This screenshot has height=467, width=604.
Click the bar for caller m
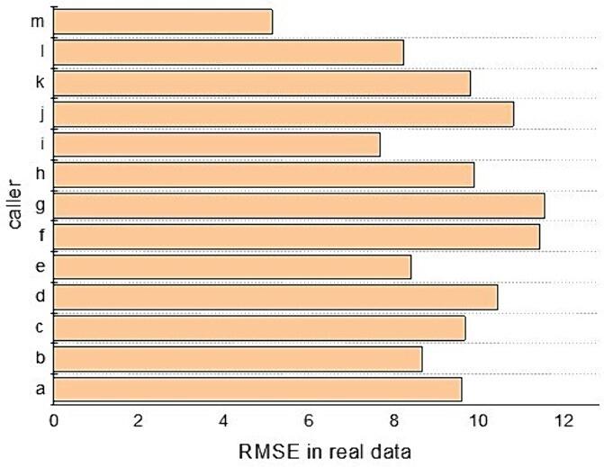(x=163, y=22)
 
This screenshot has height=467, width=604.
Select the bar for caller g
(x=299, y=206)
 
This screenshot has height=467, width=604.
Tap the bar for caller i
(x=217, y=144)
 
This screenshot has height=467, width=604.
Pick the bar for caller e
(x=232, y=267)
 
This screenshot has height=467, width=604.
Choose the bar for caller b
(x=238, y=359)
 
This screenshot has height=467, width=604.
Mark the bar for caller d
(x=275, y=297)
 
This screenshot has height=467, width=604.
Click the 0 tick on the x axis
(x=54, y=420)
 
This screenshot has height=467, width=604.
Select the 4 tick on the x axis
(x=224, y=420)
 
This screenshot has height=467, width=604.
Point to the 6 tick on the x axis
(x=309, y=420)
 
